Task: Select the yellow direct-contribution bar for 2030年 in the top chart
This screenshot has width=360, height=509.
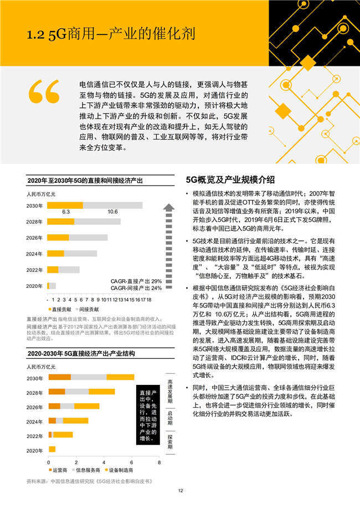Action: tap(65, 205)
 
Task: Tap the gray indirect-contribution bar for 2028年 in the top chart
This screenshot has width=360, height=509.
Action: tap(97, 222)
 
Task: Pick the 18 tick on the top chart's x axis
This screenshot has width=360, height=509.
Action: tap(148, 299)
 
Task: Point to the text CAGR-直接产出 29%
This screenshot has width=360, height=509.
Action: tap(136, 281)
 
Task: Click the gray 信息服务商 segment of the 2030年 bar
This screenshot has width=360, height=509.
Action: tap(89, 377)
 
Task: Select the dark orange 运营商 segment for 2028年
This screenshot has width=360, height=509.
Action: tap(57, 392)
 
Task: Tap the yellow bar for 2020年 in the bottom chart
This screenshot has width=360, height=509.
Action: tap(52, 449)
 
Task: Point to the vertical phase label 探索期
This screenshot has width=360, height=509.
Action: tap(171, 443)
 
